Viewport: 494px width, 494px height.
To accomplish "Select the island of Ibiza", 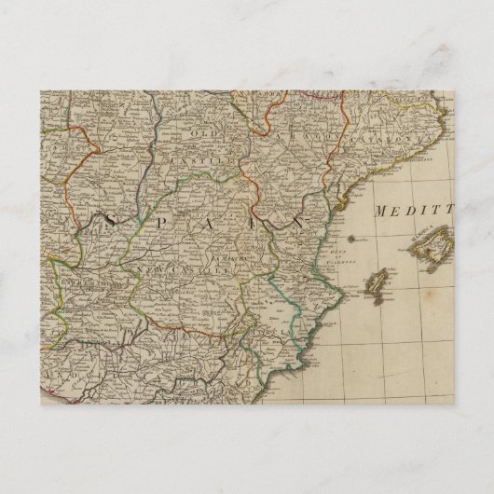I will tap(377, 282).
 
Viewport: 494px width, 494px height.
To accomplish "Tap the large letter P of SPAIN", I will tap(155, 222).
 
